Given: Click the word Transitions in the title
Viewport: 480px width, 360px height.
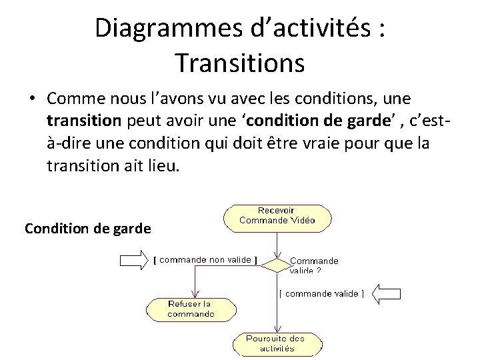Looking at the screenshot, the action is pyautogui.click(x=240, y=63).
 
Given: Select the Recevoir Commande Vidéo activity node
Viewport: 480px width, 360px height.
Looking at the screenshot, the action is pyautogui.click(x=277, y=215).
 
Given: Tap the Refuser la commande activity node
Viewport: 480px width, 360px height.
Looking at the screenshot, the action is pyautogui.click(x=191, y=309).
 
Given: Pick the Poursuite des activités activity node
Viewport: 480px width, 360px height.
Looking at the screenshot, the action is pyautogui.click(x=275, y=343).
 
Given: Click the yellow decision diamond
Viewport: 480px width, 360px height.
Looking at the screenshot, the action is pyautogui.click(x=275, y=265).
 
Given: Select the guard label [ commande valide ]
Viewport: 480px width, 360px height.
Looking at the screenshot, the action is pyautogui.click(x=322, y=293).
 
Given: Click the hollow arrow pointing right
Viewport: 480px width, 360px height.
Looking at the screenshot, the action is pyautogui.click(x=133, y=261).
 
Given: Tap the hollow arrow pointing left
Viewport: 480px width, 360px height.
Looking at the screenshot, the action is pyautogui.click(x=387, y=293).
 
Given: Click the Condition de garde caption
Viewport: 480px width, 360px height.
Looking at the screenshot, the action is pyautogui.click(x=87, y=229).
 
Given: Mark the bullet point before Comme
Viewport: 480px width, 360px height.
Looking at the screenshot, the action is pyautogui.click(x=31, y=99).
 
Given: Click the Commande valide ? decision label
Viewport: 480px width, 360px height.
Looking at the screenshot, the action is pyautogui.click(x=314, y=265).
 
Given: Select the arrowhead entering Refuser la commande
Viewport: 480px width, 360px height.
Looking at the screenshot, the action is pyautogui.click(x=194, y=294).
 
